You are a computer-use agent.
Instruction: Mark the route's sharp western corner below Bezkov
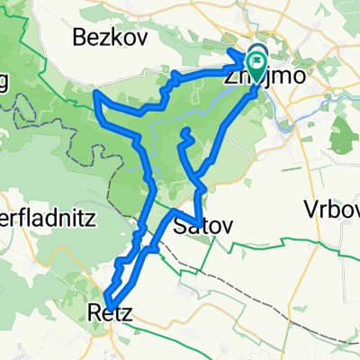coord(96,92)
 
